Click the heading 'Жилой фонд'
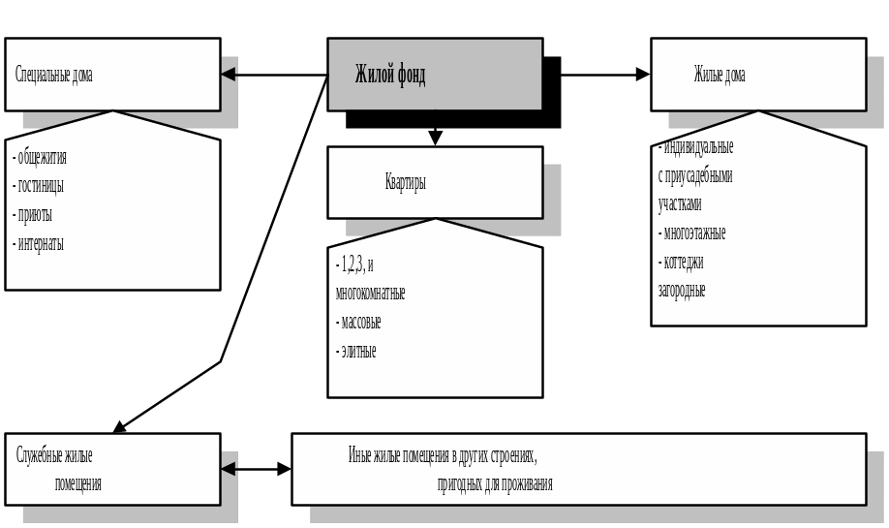[390, 75]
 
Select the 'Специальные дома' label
[55, 75]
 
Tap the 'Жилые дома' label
[720, 75]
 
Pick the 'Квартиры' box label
[406, 182]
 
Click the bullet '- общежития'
[40, 157]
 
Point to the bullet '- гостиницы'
[39, 185]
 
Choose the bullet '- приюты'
[33, 214]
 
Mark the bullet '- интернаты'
[39, 243]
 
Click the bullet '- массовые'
[358, 322]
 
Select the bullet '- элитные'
[355, 351]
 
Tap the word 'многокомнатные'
[370, 293]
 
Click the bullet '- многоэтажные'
[692, 233]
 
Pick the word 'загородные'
[682, 290]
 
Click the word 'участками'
[680, 204]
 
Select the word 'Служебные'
[54, 454]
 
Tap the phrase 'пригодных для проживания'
[495, 483]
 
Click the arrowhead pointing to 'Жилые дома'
[642, 75]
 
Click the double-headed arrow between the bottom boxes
[256, 469]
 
